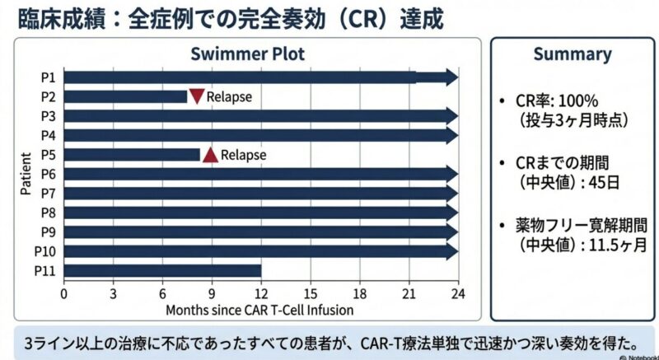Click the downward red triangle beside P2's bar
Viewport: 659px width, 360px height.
tap(197, 96)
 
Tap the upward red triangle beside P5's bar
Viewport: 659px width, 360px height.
tap(210, 154)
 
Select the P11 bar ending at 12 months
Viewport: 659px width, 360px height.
tap(162, 270)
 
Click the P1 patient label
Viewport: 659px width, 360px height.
tap(49, 77)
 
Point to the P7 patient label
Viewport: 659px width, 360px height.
tap(49, 193)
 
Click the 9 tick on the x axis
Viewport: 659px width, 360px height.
tap(212, 293)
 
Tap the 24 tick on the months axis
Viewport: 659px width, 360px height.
tap(458, 293)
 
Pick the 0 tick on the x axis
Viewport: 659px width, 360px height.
tap(64, 293)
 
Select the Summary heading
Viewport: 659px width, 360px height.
tap(572, 54)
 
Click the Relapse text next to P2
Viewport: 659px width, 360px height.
tap(228, 97)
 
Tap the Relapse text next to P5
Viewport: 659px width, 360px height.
tap(243, 154)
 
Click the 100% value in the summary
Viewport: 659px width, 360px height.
tap(577, 102)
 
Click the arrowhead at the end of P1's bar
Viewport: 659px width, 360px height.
tap(450, 77)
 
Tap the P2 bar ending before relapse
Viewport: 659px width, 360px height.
tap(126, 96)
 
